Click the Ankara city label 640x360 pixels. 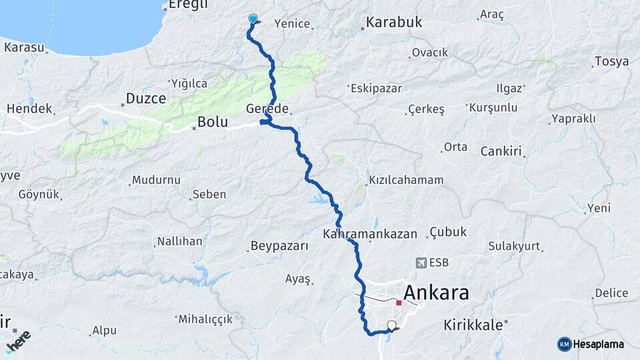436,292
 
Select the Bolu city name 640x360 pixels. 213,123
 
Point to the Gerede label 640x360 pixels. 267,108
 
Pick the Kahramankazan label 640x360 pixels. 370,234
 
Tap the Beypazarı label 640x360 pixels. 279,246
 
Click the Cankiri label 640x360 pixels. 501,151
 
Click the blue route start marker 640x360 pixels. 253,19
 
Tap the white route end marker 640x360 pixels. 391,325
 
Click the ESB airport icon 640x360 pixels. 421,263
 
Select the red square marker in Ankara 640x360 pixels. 399,303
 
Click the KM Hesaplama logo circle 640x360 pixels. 564,344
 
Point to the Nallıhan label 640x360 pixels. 179,241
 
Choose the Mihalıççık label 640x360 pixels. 205,319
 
